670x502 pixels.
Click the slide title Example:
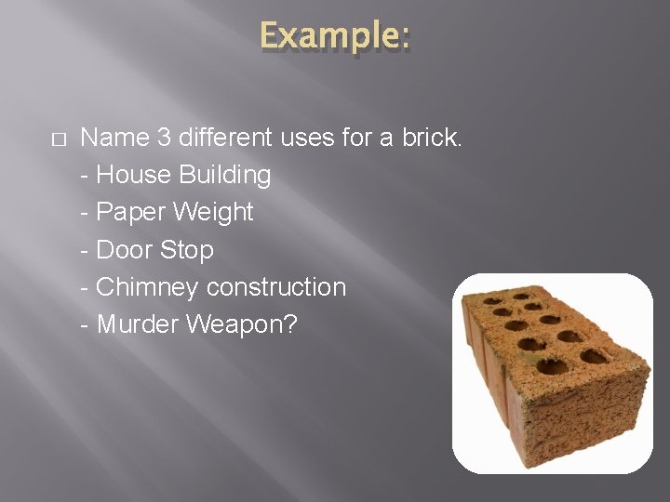334,37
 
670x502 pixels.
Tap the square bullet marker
58,139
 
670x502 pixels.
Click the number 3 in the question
164,138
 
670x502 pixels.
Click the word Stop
186,250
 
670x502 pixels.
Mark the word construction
276,287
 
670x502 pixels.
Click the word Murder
138,324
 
